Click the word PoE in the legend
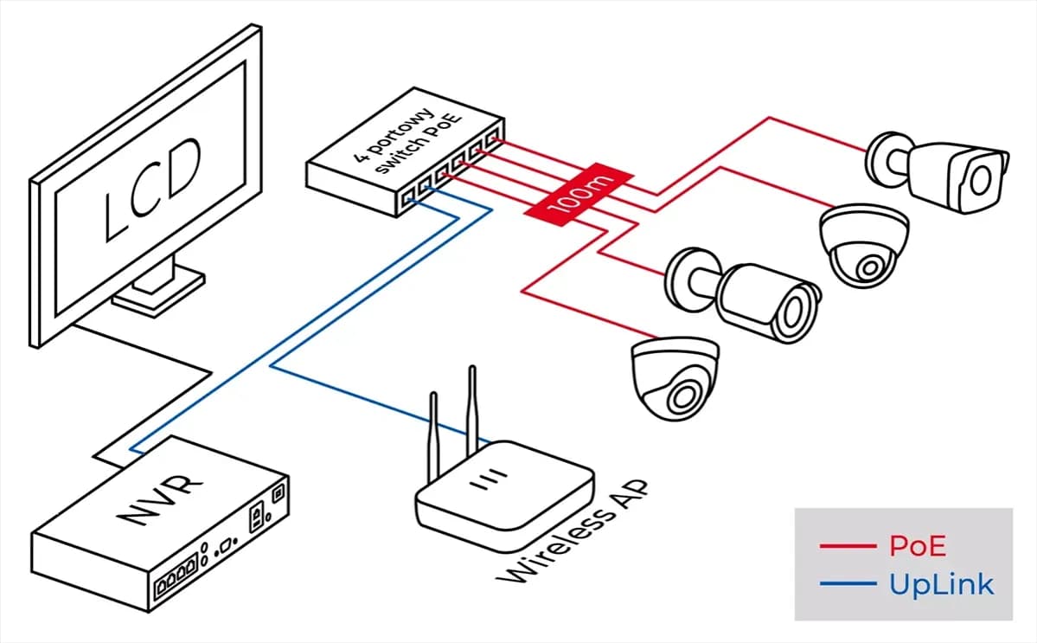(x=917, y=546)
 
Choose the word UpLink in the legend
(x=941, y=584)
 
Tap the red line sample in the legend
(x=848, y=547)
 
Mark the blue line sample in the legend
(x=848, y=585)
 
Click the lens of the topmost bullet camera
(x=980, y=180)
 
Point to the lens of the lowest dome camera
(x=683, y=395)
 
